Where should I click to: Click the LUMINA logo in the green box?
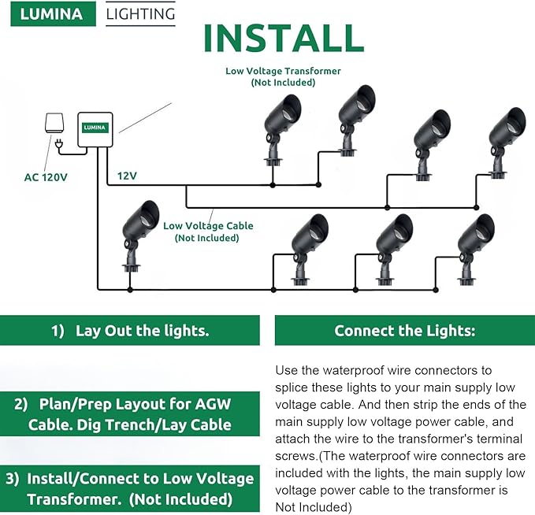[x=52, y=14]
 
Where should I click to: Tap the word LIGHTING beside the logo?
[x=141, y=14]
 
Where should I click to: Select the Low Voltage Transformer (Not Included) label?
[x=283, y=76]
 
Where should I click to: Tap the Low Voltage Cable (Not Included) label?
[x=208, y=232]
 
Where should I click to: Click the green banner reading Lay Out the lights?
[x=130, y=331]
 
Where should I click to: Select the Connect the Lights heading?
[x=404, y=331]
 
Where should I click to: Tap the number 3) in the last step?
[x=13, y=478]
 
